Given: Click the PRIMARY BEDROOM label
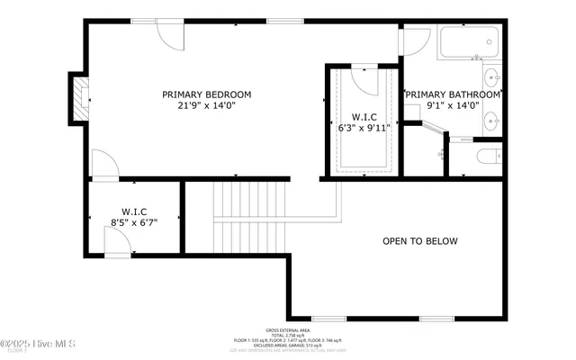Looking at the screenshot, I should coord(206,94).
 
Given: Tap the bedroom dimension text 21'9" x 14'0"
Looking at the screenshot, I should coord(206,106).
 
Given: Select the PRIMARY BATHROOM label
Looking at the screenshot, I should coord(453,94).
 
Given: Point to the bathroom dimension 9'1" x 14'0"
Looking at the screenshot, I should coord(453,106).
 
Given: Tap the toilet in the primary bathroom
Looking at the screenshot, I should coord(486,157).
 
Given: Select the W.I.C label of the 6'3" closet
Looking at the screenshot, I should coord(364,117).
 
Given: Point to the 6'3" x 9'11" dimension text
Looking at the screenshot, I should coord(364,129).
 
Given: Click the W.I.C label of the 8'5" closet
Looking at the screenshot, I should coord(134,211).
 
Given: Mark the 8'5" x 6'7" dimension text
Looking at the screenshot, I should coord(134,222).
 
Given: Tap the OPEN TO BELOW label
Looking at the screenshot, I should coord(420,241).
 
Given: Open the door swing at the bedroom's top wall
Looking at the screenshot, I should coord(170,32).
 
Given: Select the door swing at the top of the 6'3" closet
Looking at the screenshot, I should coord(365,79).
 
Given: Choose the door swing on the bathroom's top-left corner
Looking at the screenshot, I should coord(415,41).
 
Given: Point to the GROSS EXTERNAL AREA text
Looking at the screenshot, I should coord(290,330).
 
